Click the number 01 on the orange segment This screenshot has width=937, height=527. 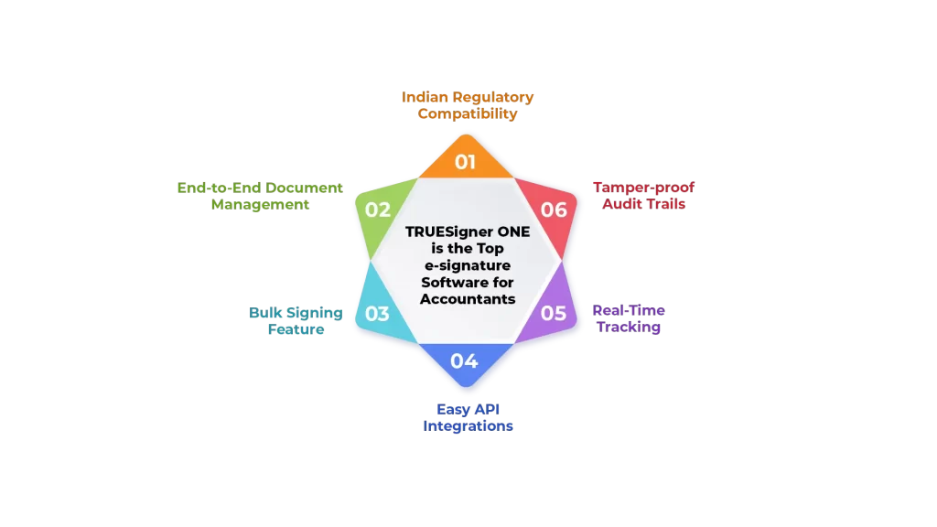tap(466, 163)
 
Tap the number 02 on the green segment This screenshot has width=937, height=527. tap(378, 210)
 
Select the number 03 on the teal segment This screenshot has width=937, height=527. tap(377, 314)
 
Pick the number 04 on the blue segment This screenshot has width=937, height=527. tap(464, 360)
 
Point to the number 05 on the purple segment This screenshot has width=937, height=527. tap(554, 313)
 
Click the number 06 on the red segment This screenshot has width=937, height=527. tap(554, 210)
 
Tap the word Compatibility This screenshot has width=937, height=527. tap(468, 114)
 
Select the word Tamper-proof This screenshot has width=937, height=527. tap(643, 188)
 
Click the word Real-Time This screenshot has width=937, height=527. tap(629, 310)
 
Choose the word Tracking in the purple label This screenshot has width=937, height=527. tap(629, 328)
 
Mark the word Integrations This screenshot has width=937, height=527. tap(468, 426)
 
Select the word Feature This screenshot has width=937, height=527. tap(296, 329)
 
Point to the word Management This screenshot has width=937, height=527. tap(260, 205)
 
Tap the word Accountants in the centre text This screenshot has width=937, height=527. tap(468, 299)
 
